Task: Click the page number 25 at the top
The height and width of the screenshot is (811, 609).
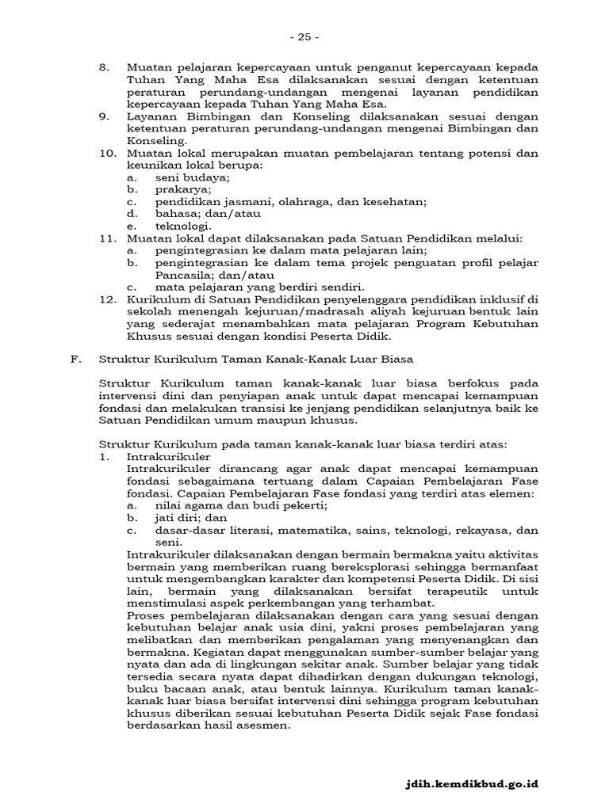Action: [x=304, y=36]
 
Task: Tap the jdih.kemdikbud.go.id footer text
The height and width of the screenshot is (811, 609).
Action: [x=471, y=783]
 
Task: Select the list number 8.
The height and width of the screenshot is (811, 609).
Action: [x=103, y=68]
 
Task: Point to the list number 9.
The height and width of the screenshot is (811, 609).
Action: [x=103, y=116]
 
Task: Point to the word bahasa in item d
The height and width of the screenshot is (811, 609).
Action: [x=174, y=214]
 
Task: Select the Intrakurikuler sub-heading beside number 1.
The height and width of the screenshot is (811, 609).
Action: [x=168, y=457]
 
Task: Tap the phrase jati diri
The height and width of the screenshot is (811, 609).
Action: [x=175, y=517]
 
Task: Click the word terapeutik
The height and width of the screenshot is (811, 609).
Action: [x=460, y=591]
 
